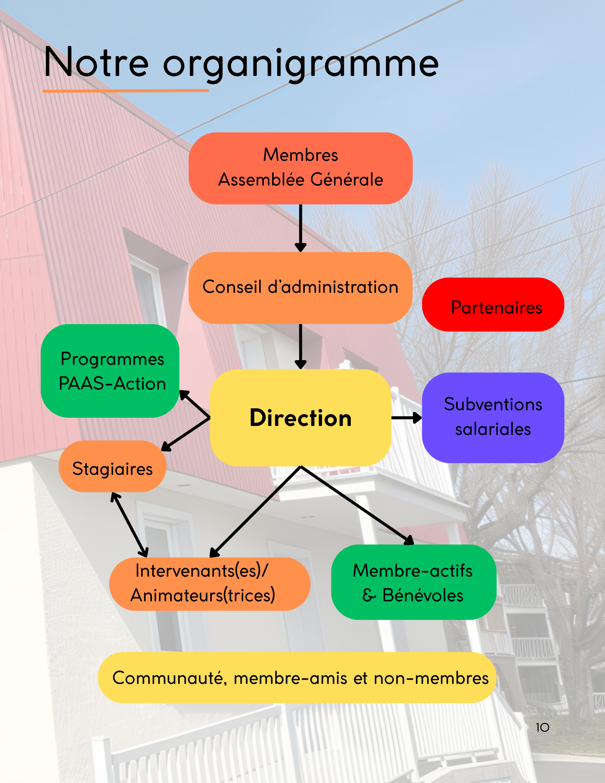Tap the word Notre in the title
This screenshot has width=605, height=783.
point(96,63)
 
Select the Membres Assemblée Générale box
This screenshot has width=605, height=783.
point(300,168)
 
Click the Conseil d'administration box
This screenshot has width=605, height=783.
point(300,287)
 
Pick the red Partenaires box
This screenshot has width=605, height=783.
point(493,305)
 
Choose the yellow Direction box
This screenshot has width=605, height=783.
point(300,418)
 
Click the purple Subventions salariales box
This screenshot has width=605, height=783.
point(493,417)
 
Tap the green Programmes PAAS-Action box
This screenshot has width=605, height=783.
point(110,371)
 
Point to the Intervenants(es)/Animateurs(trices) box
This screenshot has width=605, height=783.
point(209,584)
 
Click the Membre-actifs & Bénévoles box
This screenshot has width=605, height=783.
point(414,582)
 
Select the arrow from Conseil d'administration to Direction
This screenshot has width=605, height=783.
point(300,346)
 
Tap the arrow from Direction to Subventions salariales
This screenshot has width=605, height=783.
point(406,418)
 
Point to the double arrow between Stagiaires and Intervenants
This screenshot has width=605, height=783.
point(129,525)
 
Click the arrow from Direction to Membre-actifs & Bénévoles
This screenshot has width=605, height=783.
point(356,505)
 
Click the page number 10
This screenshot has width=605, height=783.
point(542,728)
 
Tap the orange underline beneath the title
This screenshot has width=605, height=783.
point(125,91)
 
